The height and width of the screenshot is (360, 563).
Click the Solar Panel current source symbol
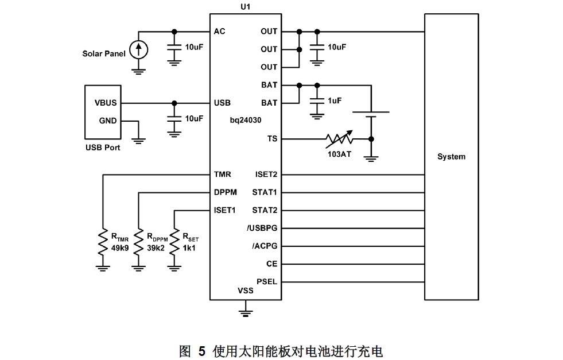138,50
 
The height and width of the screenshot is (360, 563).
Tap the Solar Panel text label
104,54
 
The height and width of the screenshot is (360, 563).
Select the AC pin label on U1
219,31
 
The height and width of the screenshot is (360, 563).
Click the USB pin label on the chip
222,103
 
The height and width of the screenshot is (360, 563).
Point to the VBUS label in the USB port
106,103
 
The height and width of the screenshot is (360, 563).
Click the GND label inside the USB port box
108,121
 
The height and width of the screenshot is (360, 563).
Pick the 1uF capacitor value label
335,100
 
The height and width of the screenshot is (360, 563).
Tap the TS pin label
272,138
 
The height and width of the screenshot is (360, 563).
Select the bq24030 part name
246,120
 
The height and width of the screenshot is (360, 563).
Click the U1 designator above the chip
245,6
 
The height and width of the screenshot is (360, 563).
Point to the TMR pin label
223,174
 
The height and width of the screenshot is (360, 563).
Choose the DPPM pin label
226,192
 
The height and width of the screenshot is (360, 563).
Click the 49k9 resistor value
120,248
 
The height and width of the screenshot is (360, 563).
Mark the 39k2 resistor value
156,248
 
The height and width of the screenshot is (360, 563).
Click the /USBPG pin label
262,229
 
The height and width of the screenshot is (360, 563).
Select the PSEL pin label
267,282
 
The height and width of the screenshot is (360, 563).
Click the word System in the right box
451,157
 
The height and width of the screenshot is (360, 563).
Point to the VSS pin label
245,291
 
